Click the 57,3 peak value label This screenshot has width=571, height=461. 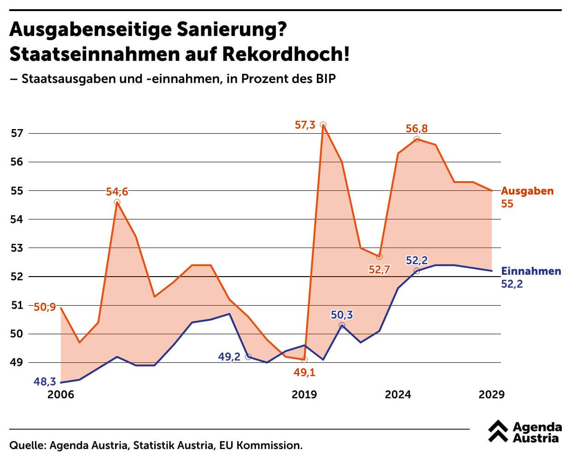(305, 124)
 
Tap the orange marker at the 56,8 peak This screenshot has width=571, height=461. (417, 139)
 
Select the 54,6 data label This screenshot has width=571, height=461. (117, 191)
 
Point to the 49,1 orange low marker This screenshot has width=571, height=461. (304, 360)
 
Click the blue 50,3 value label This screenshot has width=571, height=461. (342, 315)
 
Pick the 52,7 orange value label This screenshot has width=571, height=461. (379, 270)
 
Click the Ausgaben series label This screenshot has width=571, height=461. (527, 191)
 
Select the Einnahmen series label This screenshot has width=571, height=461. (531, 271)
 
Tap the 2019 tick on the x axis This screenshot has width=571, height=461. (304, 395)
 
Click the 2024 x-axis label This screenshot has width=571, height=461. (398, 395)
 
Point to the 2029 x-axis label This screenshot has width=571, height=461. (492, 395)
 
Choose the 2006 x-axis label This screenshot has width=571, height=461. (61, 395)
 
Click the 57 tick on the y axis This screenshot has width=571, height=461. (17, 134)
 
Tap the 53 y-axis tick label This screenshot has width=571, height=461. (17, 248)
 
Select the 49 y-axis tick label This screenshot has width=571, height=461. (17, 362)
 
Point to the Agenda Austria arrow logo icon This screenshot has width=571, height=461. (498, 431)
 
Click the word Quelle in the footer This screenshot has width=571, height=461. (27, 446)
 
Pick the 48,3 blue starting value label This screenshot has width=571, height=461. (45, 382)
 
